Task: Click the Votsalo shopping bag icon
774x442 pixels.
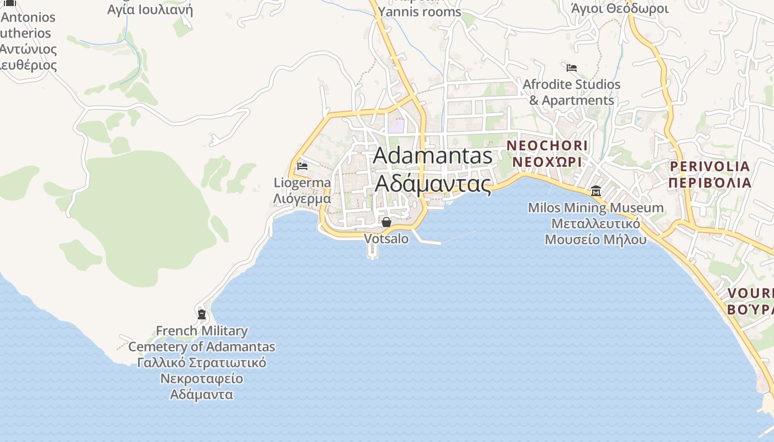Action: pos(386,222)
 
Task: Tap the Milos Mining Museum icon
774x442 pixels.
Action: pos(596,191)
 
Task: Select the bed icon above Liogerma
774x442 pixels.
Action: pos(302,166)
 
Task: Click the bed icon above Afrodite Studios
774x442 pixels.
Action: pos(572,68)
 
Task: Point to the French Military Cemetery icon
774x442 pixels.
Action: pos(202,314)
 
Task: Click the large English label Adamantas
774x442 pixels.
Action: pos(432,156)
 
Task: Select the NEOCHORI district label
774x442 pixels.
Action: pos(547,145)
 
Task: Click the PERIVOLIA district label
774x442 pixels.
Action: pos(710,166)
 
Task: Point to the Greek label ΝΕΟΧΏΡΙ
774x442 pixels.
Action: pos(547,162)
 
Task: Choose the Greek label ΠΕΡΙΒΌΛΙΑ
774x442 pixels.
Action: pos(710,183)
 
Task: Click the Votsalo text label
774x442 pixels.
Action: pos(386,239)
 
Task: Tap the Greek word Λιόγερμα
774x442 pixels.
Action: pos(302,198)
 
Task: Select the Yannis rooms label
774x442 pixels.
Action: pos(420,12)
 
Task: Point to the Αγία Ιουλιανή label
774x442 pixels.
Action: pos(150,9)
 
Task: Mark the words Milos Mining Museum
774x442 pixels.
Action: pos(595,208)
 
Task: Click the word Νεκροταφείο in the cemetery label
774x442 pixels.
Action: pos(202,379)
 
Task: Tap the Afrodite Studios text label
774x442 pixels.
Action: pos(572,85)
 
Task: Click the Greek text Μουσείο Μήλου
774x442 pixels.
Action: pos(595,240)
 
